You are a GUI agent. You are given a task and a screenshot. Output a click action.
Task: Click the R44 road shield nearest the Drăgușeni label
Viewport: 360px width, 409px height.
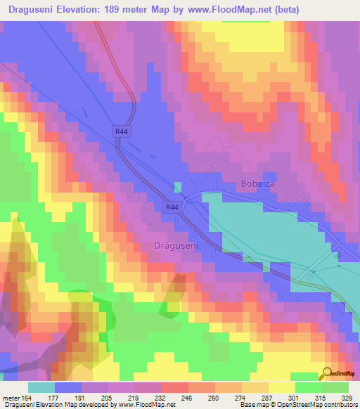click(171, 207)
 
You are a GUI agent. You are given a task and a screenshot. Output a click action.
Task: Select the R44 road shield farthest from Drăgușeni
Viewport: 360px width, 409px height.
click(121, 131)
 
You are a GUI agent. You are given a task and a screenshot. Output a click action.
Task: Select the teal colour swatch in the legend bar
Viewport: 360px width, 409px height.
click(41, 387)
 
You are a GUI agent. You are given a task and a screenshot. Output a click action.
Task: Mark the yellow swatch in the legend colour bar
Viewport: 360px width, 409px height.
click(281, 387)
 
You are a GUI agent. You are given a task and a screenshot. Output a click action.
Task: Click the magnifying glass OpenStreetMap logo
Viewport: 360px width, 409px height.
click(328, 373)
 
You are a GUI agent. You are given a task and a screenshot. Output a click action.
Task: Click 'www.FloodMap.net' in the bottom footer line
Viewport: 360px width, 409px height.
click(148, 405)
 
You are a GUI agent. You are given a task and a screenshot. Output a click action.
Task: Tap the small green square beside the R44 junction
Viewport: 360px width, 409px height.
click(177, 186)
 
